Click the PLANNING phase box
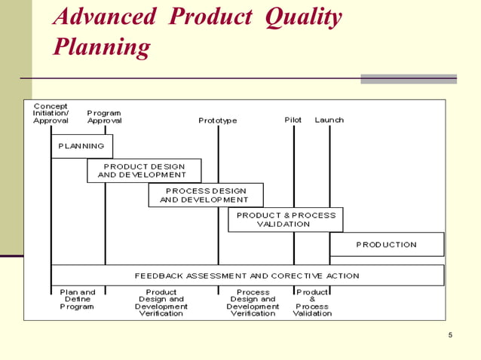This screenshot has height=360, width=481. coord(81,145)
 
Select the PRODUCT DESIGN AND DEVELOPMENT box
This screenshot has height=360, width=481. coord(144,170)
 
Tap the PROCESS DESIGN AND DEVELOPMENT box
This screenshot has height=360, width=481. coord(205,195)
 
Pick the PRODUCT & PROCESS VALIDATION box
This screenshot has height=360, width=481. coord(285,219)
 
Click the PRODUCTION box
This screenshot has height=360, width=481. coord(386,244)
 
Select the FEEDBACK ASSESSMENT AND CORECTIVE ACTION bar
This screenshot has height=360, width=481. coord(247,275)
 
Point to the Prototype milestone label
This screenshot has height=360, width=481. coord(217,121)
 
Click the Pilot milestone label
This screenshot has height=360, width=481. coord(293,120)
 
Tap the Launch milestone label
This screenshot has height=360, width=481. coord(329,120)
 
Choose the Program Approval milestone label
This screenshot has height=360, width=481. coord(104,117)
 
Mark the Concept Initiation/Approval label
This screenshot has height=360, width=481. coord(51,113)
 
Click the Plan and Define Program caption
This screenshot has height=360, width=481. coord(77,299)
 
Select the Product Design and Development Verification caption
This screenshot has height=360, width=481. coord(161,303)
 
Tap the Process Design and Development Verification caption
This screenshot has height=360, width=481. coord(253,303)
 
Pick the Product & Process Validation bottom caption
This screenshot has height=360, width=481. coord(312,303)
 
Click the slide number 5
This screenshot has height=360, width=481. coord(449,335)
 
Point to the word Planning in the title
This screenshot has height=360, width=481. coord(102,47)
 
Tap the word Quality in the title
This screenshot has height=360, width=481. coord(303,17)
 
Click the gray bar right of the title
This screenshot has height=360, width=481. coord(408,78)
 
